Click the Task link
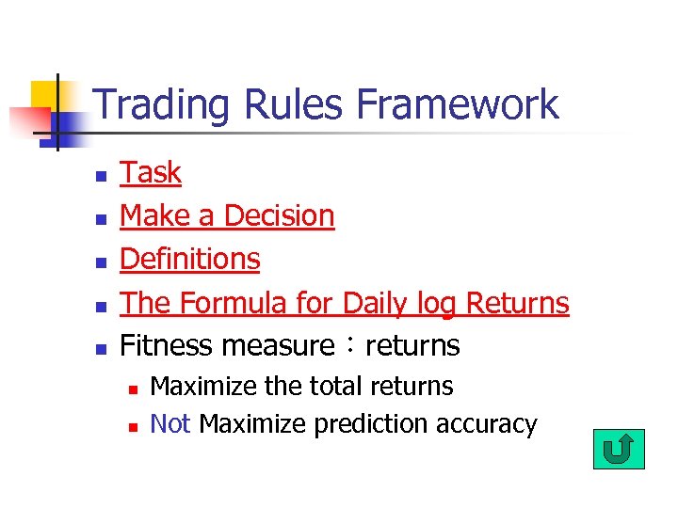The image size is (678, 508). pos(151,173)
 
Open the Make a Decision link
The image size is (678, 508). pos(227,216)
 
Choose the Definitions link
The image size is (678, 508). pos(190,259)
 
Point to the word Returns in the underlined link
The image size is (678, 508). pos(518,303)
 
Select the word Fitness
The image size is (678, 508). pos(168,345)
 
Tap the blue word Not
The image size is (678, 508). pos(170,424)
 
